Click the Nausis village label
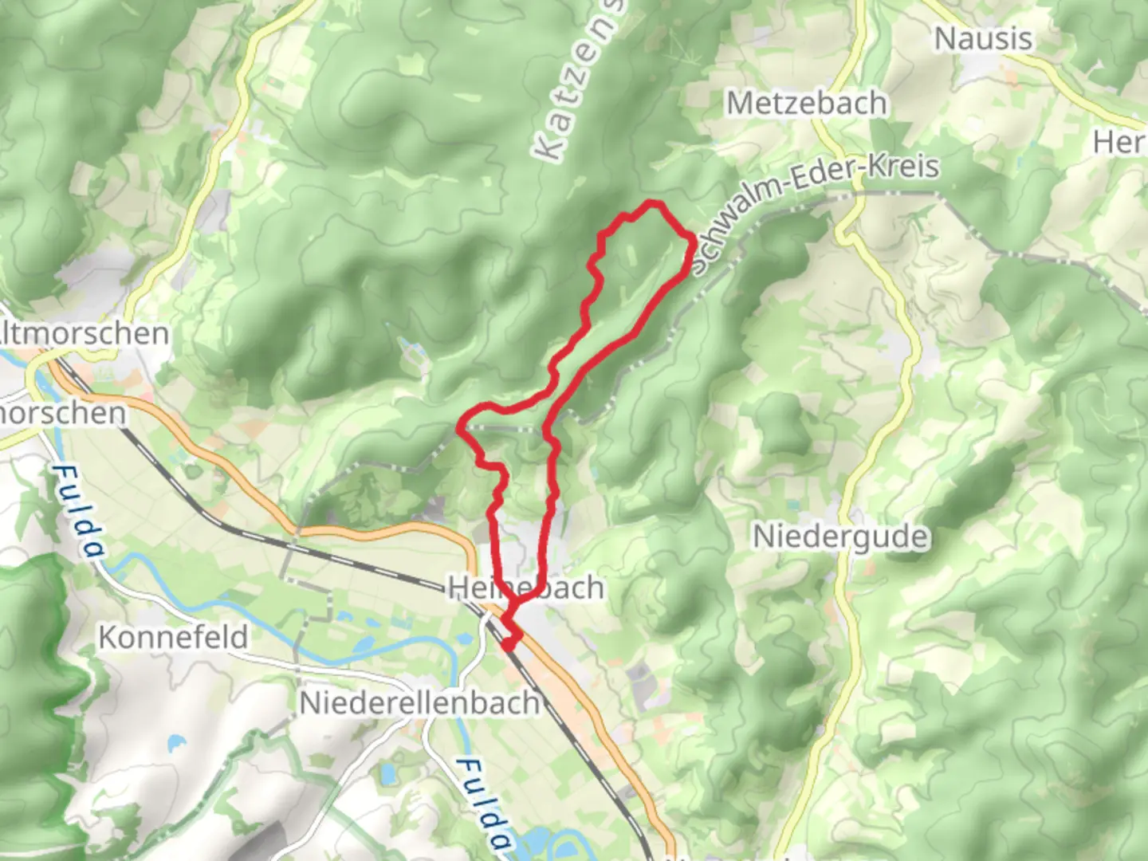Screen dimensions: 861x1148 983,38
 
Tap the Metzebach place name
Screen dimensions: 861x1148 806,103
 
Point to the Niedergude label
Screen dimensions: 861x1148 840,537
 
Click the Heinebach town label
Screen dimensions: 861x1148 526,588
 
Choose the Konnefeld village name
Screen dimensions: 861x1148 173,637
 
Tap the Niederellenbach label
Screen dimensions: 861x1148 419,703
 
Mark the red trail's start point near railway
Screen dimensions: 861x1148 508,645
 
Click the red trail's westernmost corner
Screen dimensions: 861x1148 460,428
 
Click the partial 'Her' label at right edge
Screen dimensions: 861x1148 1120,142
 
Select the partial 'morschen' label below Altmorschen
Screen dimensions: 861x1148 64,413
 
